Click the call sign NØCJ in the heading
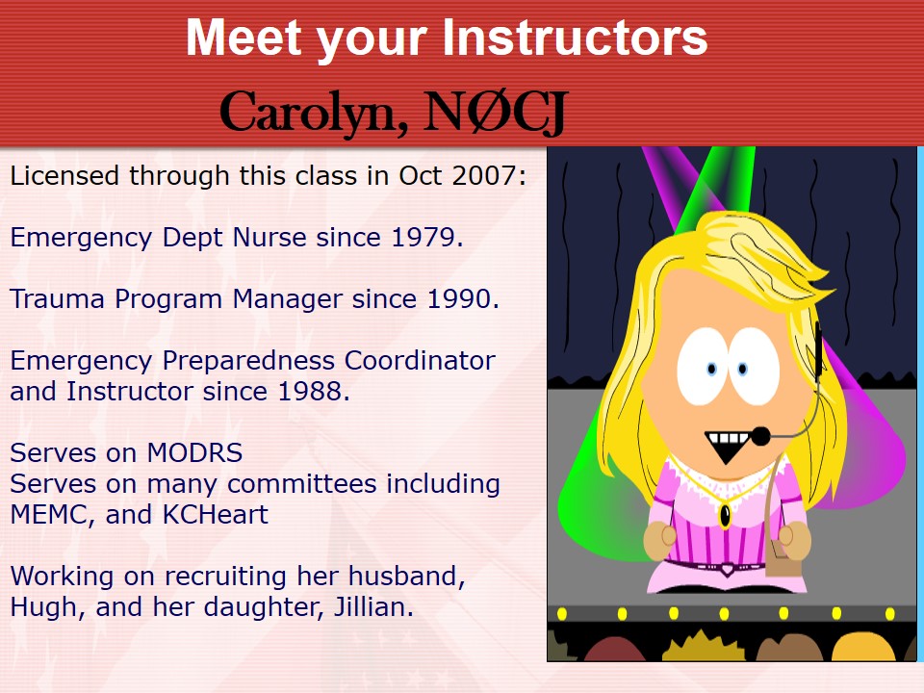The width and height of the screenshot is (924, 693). (496, 112)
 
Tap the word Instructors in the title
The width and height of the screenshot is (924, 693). (575, 38)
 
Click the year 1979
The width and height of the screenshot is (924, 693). (423, 237)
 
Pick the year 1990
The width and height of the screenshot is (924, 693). (459, 298)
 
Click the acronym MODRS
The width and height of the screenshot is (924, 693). (194, 452)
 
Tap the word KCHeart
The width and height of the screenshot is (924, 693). (215, 514)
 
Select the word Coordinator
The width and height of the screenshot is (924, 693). (420, 360)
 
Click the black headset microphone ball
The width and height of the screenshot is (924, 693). (760, 437)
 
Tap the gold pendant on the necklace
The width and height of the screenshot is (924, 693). (726, 516)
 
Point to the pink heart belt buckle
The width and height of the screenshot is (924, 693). (728, 569)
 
